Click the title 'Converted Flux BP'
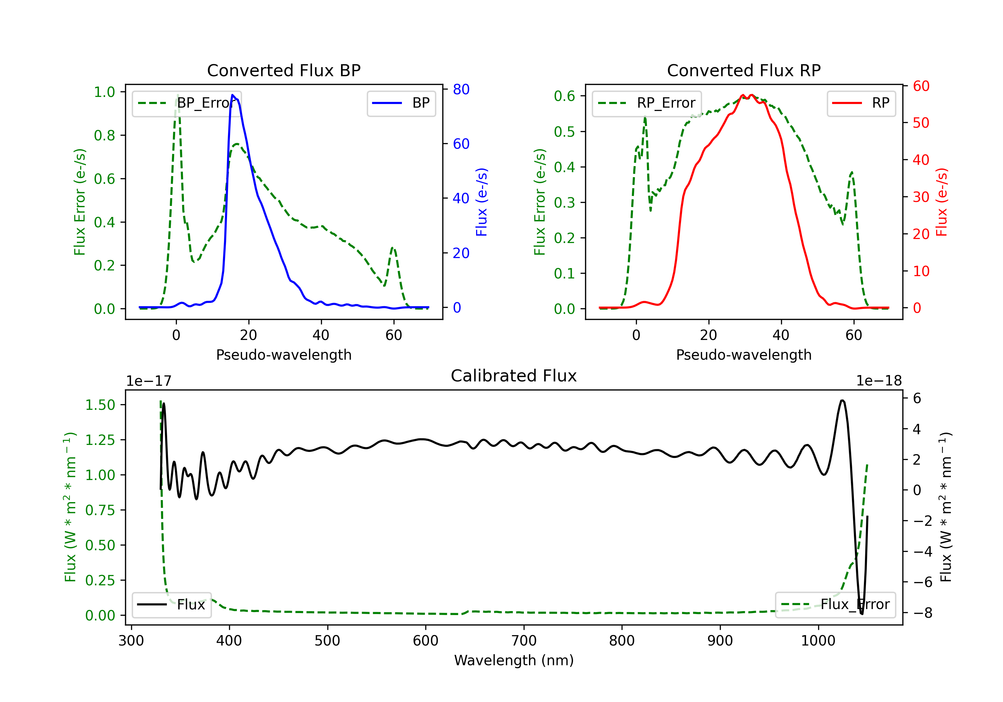tap(284, 70)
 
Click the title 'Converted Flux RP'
tap(744, 70)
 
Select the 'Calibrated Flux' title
tap(514, 376)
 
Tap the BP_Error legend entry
tap(187, 103)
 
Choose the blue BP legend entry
tap(401, 103)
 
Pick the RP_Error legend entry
tap(647, 103)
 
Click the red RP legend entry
tap(861, 103)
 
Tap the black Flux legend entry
tap(171, 605)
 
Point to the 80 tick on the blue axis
tap(461, 89)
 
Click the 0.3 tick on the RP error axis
tap(564, 203)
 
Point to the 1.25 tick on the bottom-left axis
tap(100, 440)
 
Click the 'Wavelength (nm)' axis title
tap(514, 661)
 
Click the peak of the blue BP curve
tap(232, 95)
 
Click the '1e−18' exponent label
tap(879, 381)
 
